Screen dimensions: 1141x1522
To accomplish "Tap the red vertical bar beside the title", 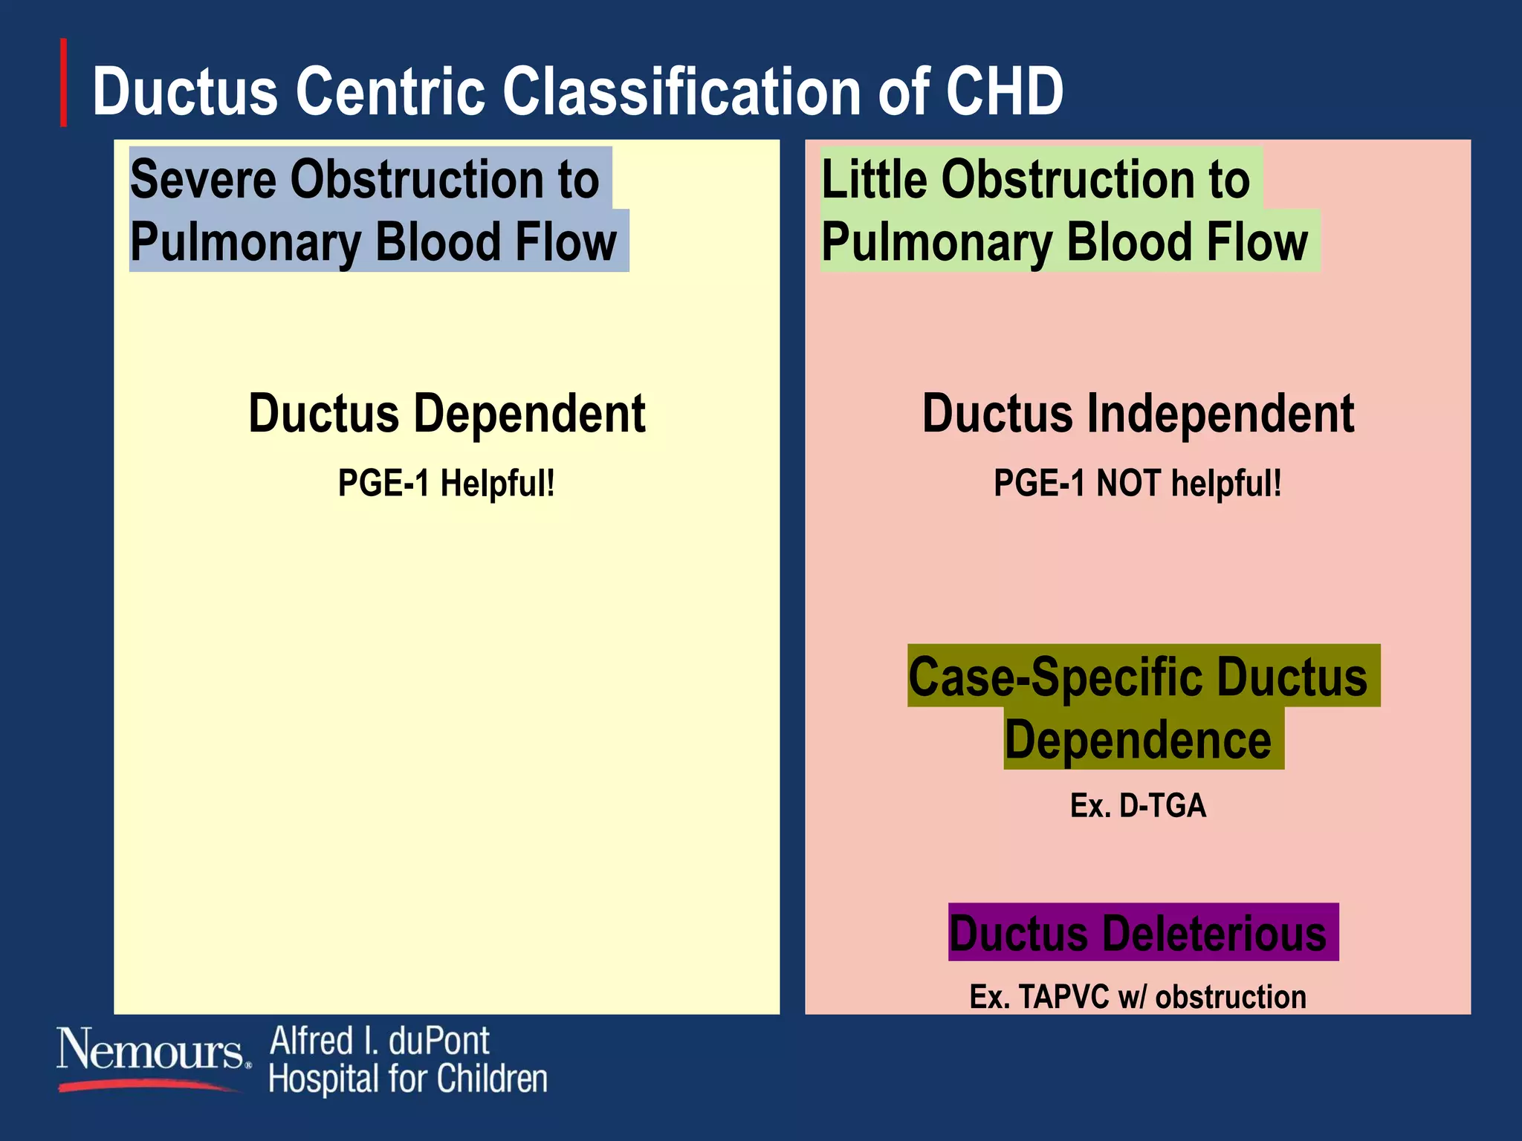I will tap(64, 82).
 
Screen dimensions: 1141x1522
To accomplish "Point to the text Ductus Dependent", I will tap(447, 414).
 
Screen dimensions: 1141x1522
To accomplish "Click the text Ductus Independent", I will tap(1138, 414).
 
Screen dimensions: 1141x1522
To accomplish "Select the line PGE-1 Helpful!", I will tap(447, 483).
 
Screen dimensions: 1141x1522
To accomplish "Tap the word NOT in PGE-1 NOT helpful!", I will tap(1128, 483).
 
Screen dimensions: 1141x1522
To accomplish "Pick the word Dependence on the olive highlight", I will tap(1138, 740).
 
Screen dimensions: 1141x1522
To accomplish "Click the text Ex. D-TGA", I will tap(1138, 805).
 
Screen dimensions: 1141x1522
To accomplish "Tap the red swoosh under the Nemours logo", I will tap(149, 1085).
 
